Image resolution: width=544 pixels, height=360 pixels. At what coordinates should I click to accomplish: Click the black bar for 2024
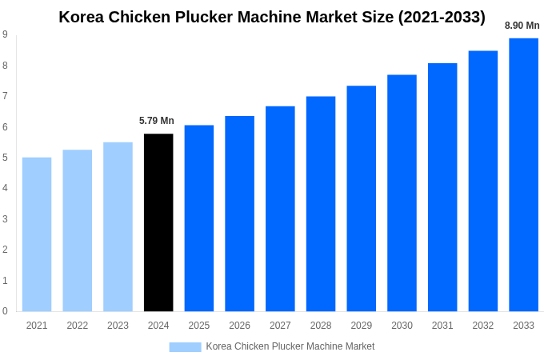(158, 222)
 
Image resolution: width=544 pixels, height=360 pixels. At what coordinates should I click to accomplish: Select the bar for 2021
(37, 234)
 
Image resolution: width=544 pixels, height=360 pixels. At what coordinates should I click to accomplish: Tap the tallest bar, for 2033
(523, 174)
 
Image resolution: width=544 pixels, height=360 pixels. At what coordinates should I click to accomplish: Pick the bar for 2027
(280, 209)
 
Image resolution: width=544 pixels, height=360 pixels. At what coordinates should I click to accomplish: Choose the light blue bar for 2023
(118, 226)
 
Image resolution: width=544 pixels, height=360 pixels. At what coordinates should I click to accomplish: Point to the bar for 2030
(402, 193)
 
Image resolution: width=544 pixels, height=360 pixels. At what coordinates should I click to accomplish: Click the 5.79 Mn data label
(157, 121)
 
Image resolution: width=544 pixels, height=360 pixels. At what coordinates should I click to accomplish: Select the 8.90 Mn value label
(522, 26)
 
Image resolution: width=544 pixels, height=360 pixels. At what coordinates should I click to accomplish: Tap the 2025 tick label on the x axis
(199, 326)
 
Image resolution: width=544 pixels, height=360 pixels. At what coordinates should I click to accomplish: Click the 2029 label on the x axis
(361, 326)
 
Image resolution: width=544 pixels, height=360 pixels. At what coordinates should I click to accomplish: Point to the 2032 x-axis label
(482, 326)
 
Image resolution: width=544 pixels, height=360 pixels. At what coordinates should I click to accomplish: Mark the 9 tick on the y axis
(6, 34)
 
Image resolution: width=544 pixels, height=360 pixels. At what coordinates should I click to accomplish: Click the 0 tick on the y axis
(6, 311)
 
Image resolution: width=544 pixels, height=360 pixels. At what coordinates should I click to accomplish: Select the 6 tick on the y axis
(6, 127)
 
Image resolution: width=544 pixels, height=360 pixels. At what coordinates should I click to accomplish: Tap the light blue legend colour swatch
(185, 346)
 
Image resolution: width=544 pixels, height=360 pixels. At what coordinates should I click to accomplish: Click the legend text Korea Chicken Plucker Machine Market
(290, 346)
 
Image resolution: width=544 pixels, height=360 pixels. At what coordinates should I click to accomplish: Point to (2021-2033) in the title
(441, 17)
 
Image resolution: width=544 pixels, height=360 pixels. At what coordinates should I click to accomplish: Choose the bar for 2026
(239, 214)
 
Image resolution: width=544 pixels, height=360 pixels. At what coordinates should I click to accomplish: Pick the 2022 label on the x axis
(78, 326)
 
